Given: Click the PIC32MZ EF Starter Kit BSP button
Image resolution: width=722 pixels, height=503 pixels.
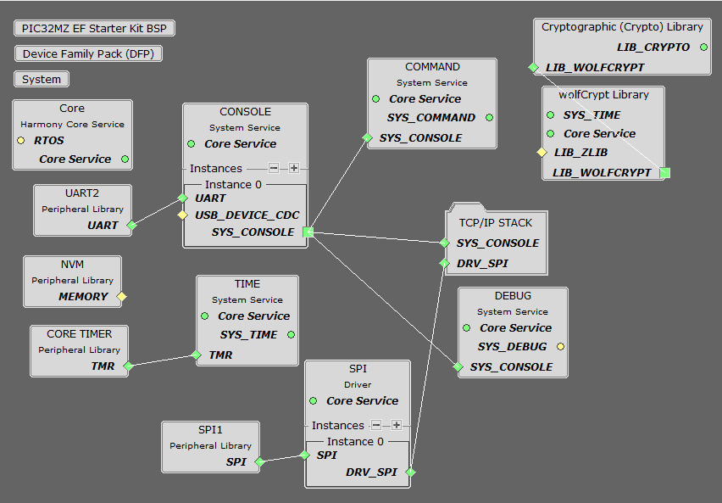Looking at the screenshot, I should tap(94, 28).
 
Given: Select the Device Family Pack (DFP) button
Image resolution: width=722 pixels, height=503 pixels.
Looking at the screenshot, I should tap(88, 53).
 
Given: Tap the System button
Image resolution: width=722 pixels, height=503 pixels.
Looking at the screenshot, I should tap(42, 79).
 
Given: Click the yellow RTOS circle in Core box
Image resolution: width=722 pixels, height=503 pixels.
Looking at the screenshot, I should tap(21, 140).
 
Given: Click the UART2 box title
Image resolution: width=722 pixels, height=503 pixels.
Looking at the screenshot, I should tap(82, 193).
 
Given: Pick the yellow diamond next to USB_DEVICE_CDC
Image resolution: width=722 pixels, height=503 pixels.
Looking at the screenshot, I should tap(181, 215).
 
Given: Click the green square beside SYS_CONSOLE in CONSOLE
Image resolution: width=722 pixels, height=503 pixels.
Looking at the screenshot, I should tap(308, 232).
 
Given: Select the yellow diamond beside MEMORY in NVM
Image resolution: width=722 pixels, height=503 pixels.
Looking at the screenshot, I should tap(121, 296).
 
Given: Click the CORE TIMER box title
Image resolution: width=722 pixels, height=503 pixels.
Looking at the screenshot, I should tap(80, 333).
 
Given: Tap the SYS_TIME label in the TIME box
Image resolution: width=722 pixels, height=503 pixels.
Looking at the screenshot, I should tap(248, 334).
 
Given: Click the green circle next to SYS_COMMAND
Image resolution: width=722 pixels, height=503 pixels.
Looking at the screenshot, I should tap(489, 117).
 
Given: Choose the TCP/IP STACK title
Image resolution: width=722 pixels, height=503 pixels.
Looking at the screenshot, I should tap(497, 222).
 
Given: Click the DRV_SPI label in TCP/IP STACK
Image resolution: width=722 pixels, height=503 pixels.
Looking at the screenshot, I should tap(482, 263).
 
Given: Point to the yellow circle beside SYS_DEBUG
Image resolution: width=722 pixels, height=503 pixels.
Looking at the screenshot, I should tap(560, 346).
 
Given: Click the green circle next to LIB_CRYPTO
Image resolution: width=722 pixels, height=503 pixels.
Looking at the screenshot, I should tap(703, 47).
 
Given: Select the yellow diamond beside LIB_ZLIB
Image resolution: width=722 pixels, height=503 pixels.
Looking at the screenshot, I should tap(541, 153).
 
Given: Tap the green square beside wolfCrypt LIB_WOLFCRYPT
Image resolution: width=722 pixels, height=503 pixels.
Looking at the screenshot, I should tap(664, 172).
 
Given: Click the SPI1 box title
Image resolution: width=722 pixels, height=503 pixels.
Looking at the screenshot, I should tap(211, 430).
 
